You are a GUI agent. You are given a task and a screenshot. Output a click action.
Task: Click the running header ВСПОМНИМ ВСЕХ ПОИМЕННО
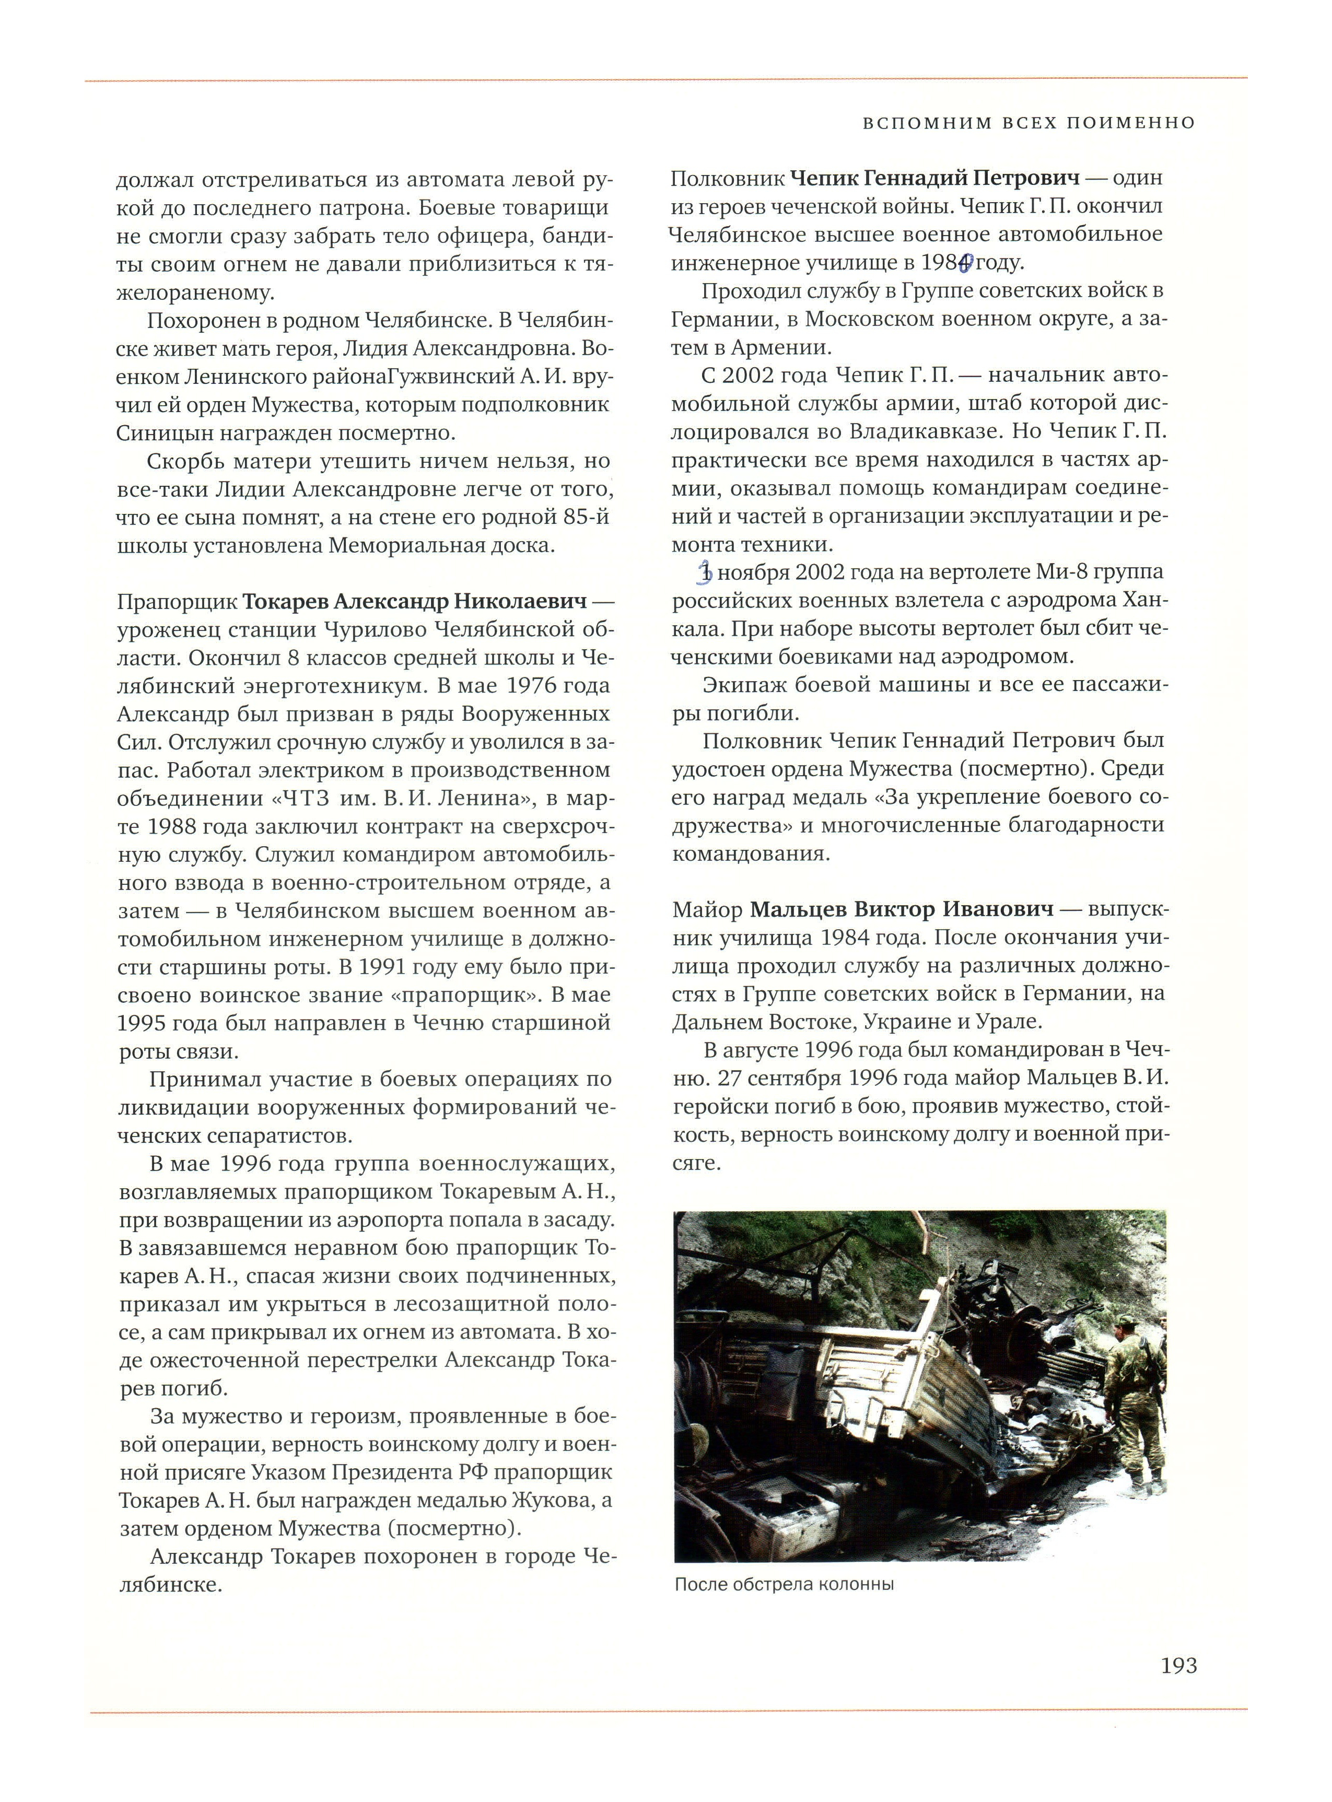[x=1029, y=123]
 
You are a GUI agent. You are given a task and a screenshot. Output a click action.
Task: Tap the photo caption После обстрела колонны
[x=784, y=1584]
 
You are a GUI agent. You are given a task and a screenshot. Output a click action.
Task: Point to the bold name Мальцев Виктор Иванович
[x=902, y=909]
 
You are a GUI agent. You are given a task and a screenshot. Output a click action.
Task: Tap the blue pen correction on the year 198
[x=966, y=262]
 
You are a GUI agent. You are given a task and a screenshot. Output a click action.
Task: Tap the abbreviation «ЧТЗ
[x=303, y=798]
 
